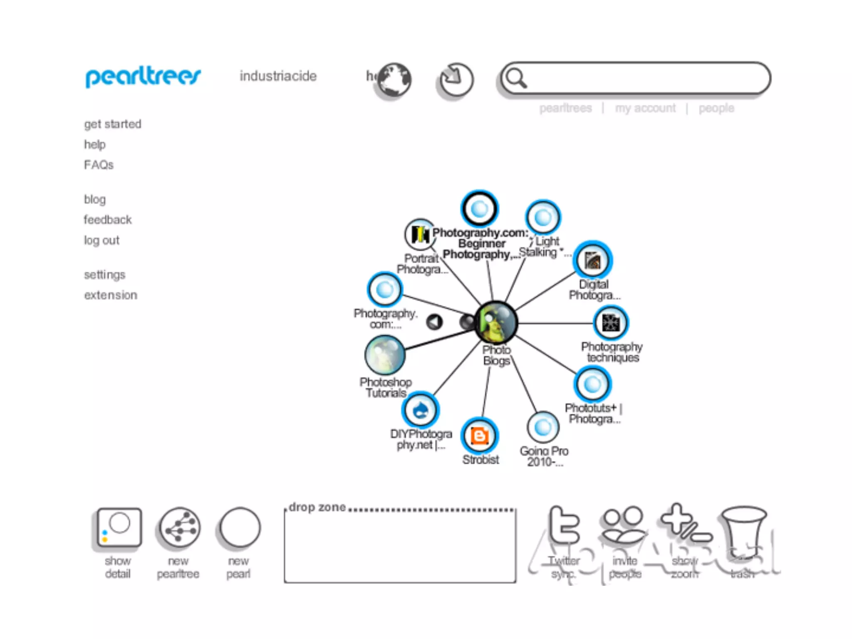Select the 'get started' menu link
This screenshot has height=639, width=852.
(113, 124)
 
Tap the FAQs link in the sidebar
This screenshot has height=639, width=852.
(99, 165)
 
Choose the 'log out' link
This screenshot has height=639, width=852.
(102, 240)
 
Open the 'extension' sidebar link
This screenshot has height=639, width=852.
(111, 295)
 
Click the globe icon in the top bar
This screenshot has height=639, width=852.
(394, 79)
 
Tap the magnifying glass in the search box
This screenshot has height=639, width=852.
(516, 78)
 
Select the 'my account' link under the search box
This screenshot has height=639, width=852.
(645, 108)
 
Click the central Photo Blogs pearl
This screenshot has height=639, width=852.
(496, 322)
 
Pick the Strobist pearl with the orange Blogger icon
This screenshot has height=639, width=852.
(480, 436)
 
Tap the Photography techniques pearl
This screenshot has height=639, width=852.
(611, 323)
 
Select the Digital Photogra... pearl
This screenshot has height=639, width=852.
(592, 260)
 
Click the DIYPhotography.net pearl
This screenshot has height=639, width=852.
(421, 410)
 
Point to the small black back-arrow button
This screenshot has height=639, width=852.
(434, 322)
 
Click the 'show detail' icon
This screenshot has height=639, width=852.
(119, 528)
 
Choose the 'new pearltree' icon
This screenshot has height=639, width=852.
(180, 528)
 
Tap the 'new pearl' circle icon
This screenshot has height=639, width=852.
(240, 528)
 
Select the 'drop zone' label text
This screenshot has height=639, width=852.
(317, 507)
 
